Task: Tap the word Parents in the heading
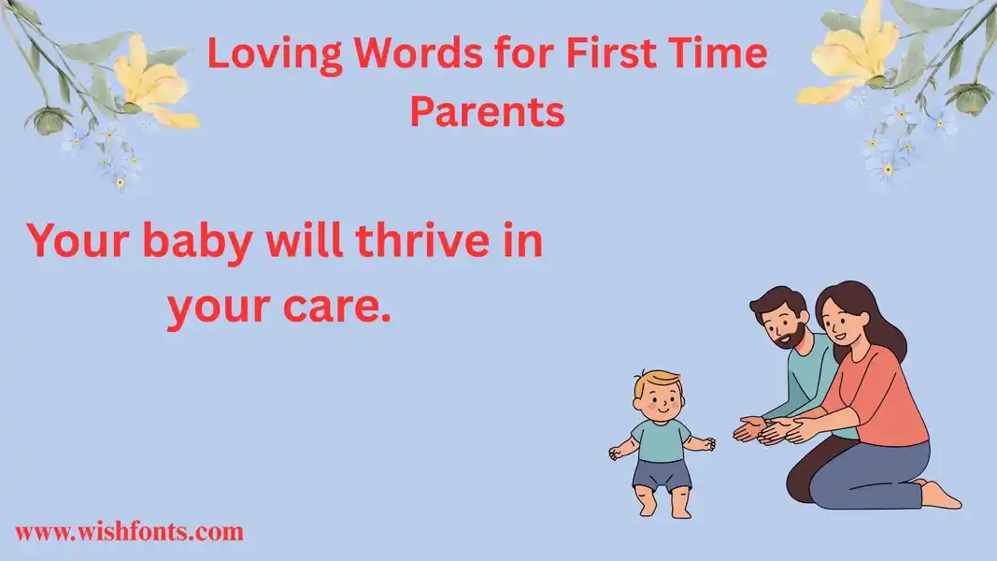[x=487, y=111]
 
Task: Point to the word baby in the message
[x=196, y=244]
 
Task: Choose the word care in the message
[x=333, y=307]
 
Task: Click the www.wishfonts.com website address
[x=129, y=531]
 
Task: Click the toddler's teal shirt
[x=662, y=439]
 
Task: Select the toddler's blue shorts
[x=662, y=474]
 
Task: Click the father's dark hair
[x=776, y=303]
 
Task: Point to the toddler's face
[x=661, y=402]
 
